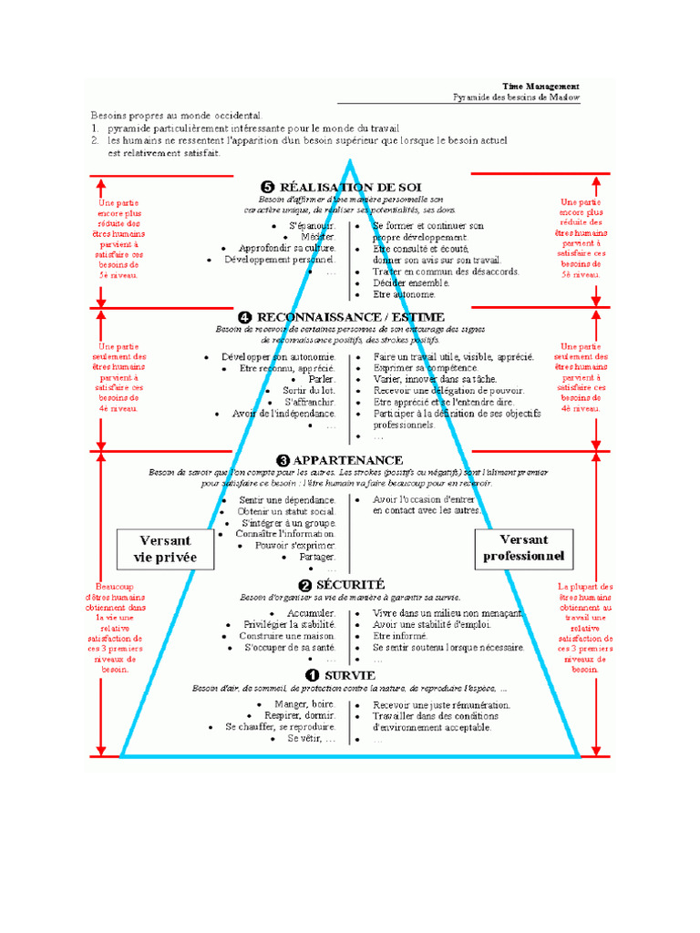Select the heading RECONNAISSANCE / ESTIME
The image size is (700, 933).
pos(350,316)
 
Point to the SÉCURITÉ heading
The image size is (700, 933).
pos(350,584)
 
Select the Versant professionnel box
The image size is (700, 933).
pos(523,549)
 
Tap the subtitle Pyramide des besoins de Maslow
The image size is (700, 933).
pos(516,97)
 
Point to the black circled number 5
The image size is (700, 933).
pos(268,187)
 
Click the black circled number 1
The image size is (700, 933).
pos(312,675)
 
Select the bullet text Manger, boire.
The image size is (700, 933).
pos(305,704)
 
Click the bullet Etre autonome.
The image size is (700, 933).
pos(405,294)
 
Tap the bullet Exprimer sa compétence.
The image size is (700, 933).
pos(425,367)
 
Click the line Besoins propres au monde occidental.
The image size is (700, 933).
pos(176,116)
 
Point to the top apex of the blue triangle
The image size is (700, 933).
pos(350,159)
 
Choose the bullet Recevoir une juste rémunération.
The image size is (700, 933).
pos(441,704)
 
